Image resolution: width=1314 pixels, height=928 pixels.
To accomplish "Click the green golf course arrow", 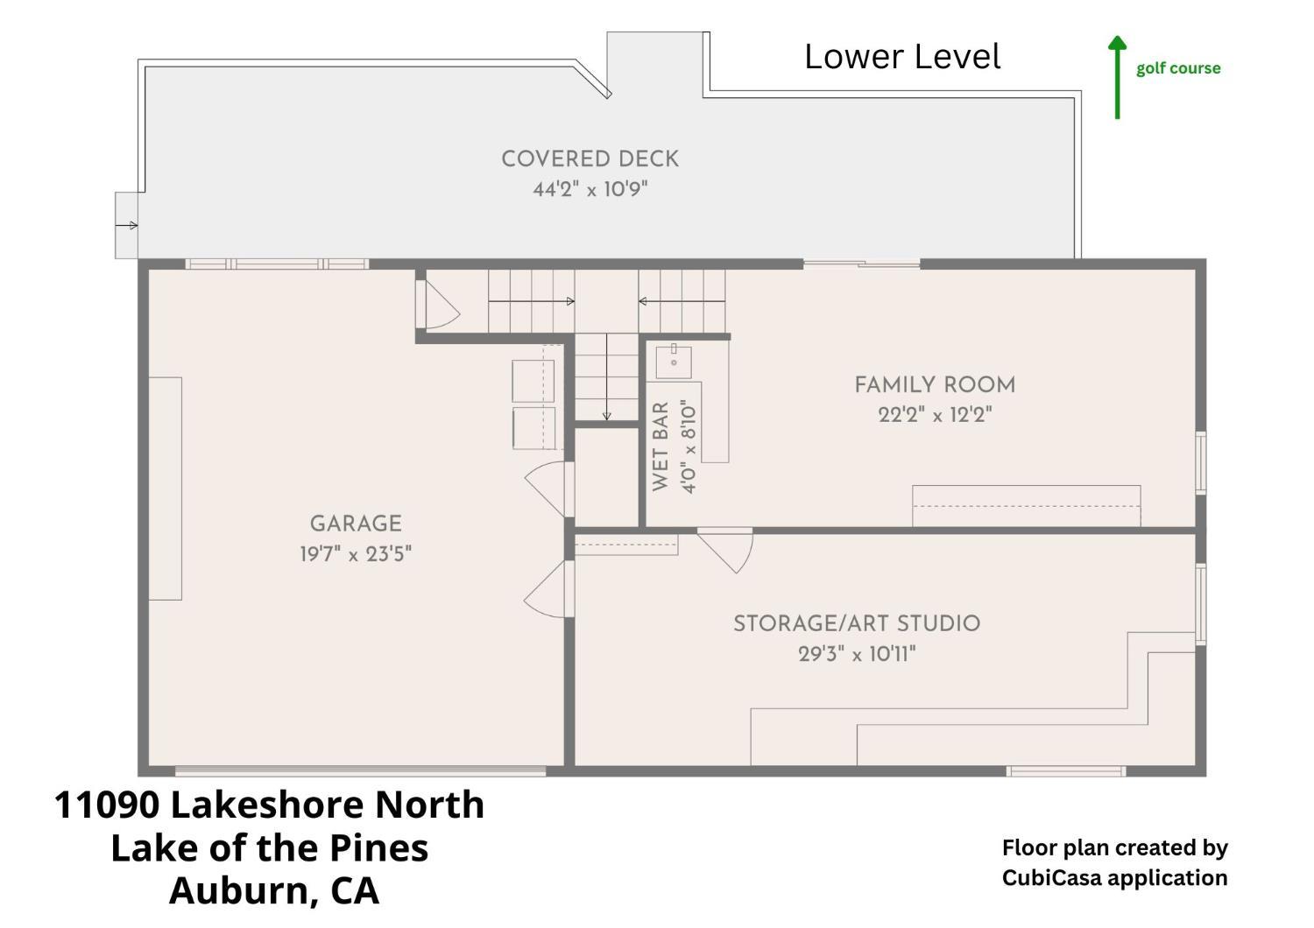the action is point(1117,77).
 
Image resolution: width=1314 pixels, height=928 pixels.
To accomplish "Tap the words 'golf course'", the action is point(1178,69).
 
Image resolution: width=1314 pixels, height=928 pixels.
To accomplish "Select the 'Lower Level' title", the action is point(902,57).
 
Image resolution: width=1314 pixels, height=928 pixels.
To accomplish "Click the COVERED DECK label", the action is point(590,158).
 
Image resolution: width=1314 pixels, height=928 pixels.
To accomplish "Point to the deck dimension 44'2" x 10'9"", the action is point(590,189).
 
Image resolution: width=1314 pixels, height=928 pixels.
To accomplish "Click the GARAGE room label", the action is point(356,523).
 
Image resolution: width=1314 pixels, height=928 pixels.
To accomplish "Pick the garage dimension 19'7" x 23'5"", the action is point(356,553).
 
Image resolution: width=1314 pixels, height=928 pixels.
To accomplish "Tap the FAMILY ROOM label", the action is point(935,384).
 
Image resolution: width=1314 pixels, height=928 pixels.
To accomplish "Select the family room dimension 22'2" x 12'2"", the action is point(935,415).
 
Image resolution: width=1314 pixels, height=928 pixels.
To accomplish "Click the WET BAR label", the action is point(660,446).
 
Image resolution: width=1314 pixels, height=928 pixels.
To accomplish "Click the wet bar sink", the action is point(674,361).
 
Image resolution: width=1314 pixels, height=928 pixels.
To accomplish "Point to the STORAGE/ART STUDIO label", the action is point(857,623).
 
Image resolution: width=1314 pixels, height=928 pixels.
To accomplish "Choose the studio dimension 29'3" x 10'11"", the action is point(857,654).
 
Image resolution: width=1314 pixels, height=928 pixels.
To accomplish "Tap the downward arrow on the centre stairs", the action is point(606,377).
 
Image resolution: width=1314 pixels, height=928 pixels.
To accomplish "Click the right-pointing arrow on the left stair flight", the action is point(532,301).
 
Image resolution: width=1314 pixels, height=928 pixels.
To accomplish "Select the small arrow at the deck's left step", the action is point(127,225).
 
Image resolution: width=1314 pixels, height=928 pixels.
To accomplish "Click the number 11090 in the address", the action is point(107,805).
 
